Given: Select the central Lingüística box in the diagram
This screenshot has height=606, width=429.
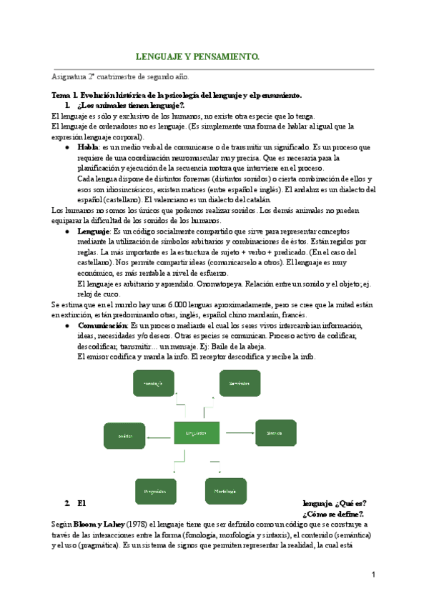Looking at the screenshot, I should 196,433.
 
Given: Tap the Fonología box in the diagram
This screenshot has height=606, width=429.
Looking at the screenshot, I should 154,384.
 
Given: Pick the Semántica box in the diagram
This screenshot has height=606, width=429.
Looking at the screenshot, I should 239,384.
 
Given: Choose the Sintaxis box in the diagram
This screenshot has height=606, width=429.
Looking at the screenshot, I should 275,433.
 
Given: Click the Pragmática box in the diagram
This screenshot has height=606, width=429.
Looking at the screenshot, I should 155,492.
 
